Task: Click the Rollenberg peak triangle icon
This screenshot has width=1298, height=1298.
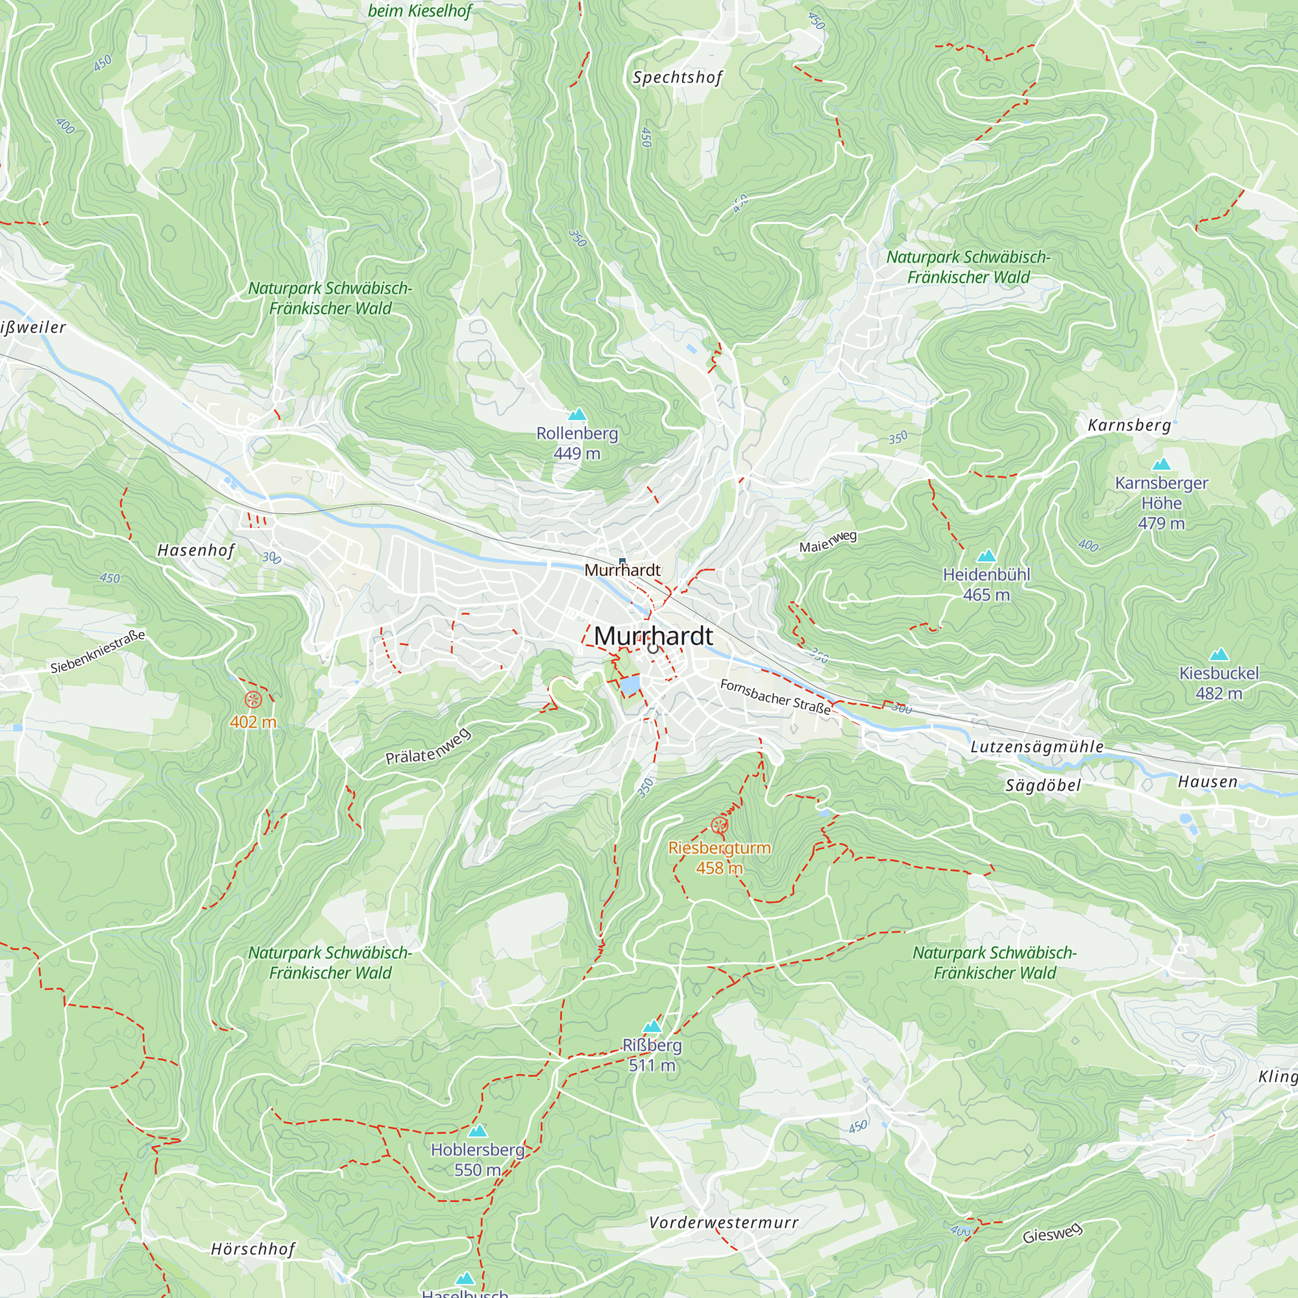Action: (x=576, y=415)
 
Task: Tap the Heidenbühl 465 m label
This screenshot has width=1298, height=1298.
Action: (x=986, y=585)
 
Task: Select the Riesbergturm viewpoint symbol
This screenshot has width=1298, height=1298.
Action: (x=720, y=825)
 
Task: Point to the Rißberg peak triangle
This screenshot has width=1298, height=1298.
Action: (x=652, y=1027)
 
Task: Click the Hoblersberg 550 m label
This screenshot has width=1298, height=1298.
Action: (x=477, y=1159)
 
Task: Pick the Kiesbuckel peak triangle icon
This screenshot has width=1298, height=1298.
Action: (x=1219, y=654)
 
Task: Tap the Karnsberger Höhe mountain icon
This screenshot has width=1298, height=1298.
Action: (x=1161, y=464)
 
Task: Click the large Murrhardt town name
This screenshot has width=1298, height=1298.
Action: (x=653, y=635)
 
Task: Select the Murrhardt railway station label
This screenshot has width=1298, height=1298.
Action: (x=622, y=570)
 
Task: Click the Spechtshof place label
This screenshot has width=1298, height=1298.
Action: (x=677, y=78)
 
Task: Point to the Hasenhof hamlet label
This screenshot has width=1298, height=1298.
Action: (x=196, y=550)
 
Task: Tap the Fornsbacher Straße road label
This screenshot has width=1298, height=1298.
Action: (x=776, y=696)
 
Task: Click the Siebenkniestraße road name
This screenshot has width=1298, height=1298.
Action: (x=98, y=651)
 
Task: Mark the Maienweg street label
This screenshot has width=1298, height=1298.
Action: (x=827, y=541)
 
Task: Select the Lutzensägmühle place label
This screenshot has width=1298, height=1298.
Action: (x=1036, y=746)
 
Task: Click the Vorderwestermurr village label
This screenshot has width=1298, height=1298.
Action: (x=724, y=1222)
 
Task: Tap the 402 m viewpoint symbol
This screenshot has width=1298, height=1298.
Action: (x=253, y=700)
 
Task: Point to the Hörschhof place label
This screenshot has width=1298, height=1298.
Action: (x=252, y=1249)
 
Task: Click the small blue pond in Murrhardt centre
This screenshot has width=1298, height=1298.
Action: (x=630, y=685)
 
